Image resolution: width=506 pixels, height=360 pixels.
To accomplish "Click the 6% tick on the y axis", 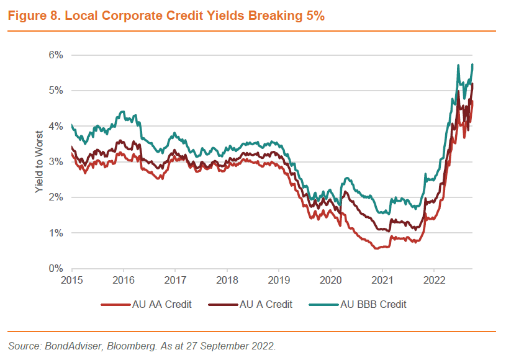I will point(56,55).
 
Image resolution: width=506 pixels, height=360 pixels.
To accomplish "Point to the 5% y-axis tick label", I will point(56,91).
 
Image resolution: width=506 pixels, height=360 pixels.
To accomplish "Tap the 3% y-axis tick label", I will point(56,162).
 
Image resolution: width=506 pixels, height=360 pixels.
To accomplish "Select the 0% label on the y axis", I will point(56,269).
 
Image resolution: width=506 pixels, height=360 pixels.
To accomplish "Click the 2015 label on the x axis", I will point(72,280).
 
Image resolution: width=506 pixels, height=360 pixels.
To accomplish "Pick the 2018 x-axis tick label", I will point(227,280).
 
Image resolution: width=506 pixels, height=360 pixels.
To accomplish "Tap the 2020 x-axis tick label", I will point(331,280).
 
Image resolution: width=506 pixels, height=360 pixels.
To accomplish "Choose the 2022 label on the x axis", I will point(435,280).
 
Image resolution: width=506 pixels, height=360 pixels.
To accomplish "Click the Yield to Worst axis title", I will point(38,162).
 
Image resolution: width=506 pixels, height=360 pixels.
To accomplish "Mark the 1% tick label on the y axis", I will point(56,233).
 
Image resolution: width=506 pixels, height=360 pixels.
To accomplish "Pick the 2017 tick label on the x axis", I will point(176,280).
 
